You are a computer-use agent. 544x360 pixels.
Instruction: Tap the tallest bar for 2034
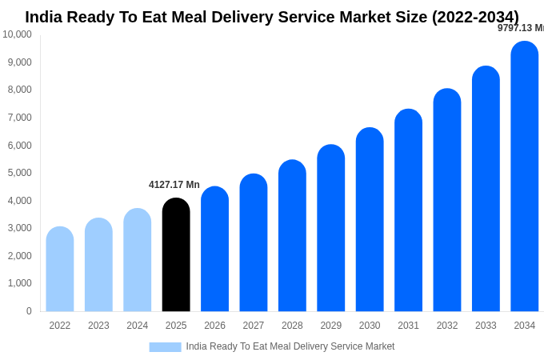pyautogui.click(x=525, y=176)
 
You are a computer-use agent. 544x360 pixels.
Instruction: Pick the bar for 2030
pyautogui.click(x=370, y=219)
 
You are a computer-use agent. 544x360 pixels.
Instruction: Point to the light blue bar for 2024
pyautogui.click(x=138, y=260)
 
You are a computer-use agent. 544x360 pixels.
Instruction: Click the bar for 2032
pyautogui.click(x=447, y=200)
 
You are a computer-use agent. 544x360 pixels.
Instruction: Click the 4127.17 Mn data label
pyautogui.click(x=174, y=185)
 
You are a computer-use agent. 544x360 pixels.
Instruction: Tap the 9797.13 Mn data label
pyautogui.click(x=520, y=28)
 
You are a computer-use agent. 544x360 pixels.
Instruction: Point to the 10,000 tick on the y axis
pyautogui.click(x=18, y=34)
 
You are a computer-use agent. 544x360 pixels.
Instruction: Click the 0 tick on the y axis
pyautogui.click(x=29, y=311)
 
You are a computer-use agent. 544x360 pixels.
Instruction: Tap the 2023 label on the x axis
pyautogui.click(x=98, y=326)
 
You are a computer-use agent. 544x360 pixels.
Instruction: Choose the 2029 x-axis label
pyautogui.click(x=331, y=326)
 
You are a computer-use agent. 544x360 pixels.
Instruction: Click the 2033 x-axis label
pyautogui.click(x=486, y=326)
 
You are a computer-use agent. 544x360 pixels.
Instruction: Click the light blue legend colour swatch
pyautogui.click(x=165, y=346)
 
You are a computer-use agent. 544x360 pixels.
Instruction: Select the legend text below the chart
pyautogui.click(x=290, y=346)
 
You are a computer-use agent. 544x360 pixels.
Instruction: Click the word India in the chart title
pyautogui.click(x=45, y=17)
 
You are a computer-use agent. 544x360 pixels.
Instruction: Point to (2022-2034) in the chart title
pyautogui.click(x=475, y=17)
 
